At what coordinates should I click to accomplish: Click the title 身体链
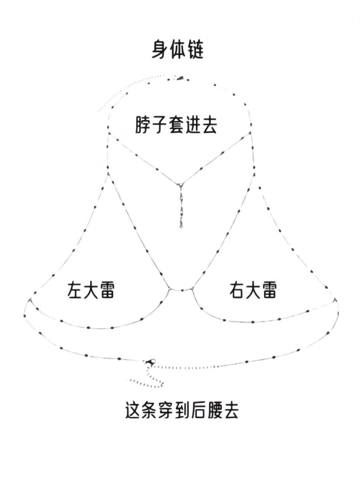pos(177,50)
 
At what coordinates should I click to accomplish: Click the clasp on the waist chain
pos(150,362)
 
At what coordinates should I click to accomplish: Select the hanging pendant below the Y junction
pos(181,206)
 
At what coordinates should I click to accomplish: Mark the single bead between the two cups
pos(182,290)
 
